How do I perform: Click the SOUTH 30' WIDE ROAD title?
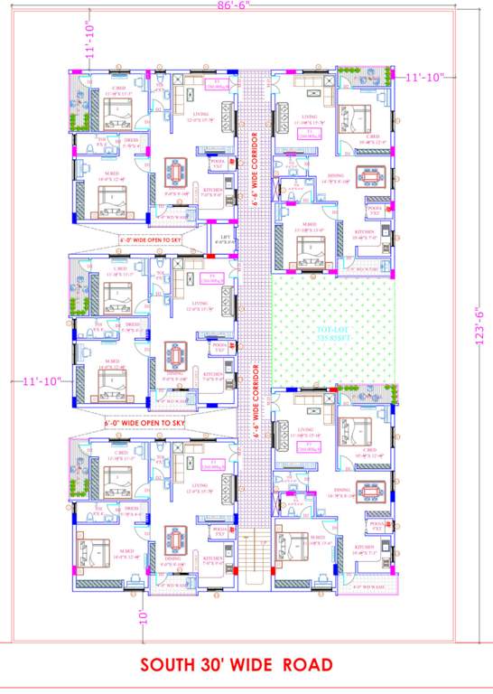(x=236, y=666)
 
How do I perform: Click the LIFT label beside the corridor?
(x=224, y=239)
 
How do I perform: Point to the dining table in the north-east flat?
(x=368, y=174)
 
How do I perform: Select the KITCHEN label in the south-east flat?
(x=365, y=549)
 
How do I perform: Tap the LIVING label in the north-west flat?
(x=200, y=114)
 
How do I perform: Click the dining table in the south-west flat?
(x=174, y=539)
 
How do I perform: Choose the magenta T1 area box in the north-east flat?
(x=311, y=133)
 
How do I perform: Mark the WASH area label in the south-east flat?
(x=369, y=588)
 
